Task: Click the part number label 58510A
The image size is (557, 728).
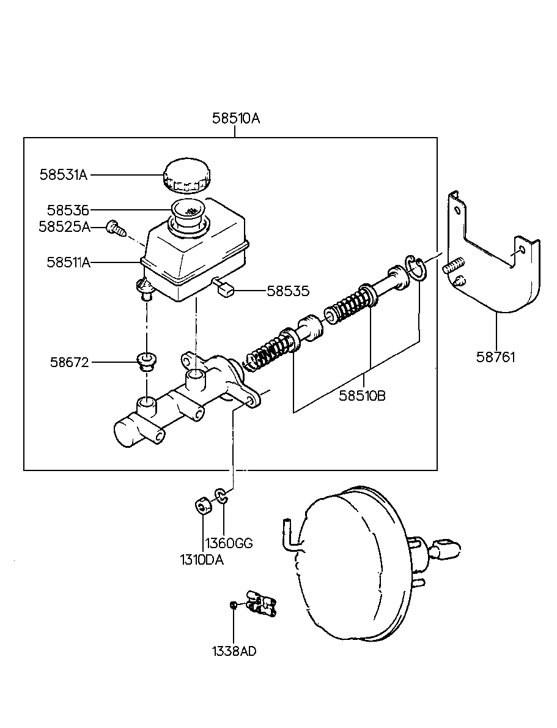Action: pos(236,119)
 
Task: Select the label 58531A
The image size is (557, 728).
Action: pos(64,175)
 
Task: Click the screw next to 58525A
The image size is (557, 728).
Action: pos(116,228)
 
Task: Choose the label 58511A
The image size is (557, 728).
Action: pos(68,262)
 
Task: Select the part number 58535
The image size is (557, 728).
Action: pos(288,291)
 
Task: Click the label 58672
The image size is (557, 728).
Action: pos(69,362)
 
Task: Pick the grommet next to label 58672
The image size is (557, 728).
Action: pos(146,362)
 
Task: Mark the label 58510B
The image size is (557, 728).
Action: pos(362,395)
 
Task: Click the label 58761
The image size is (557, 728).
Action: pos(496,357)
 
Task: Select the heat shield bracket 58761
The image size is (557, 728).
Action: pos(495,269)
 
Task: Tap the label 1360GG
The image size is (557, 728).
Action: pos(228,543)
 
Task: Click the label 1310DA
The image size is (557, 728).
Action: pos(201,559)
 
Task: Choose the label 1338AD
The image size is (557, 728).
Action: pos(234,651)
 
